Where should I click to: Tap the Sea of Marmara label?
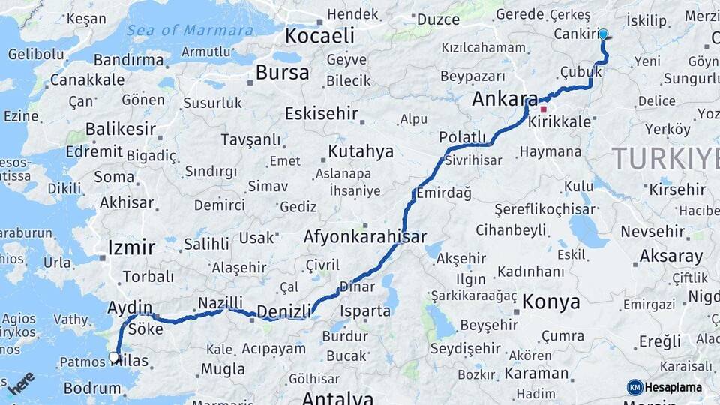click(190, 31)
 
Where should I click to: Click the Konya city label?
click(551, 301)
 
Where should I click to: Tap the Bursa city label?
click(282, 73)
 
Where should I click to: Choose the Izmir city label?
click(131, 247)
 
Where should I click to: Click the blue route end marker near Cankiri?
click(603, 34)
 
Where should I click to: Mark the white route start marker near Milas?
click(114, 357)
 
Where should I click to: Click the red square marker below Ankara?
click(544, 109)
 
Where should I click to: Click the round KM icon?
click(635, 388)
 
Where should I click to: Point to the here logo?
click(22, 383)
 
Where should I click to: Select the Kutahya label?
click(360, 152)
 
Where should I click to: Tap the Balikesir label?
click(120, 129)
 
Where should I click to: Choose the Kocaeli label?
click(319, 35)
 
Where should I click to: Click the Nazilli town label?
click(220, 302)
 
